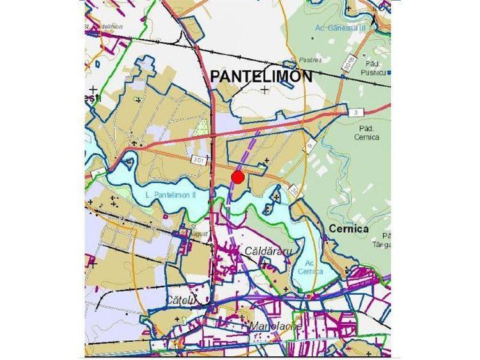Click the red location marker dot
tap(238, 177)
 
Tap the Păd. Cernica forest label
tap(366, 132)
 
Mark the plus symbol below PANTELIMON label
tap(265, 90)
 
